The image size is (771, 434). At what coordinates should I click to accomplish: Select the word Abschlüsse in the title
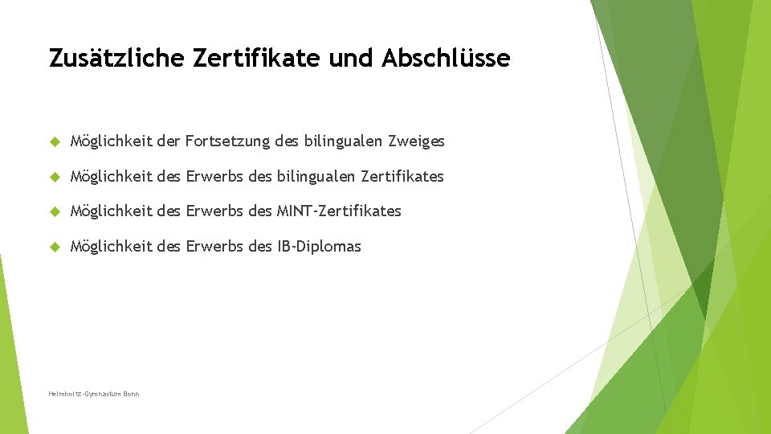[446, 59]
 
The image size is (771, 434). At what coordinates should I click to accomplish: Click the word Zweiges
[416, 141]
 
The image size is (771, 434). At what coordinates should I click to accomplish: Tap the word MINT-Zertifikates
[339, 211]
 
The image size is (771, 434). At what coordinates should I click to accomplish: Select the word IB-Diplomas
[319, 247]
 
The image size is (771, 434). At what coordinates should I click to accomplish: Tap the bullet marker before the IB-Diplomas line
[55, 247]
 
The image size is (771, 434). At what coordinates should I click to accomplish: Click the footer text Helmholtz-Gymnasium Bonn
[94, 394]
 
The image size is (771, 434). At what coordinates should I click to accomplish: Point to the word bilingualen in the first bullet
[342, 141]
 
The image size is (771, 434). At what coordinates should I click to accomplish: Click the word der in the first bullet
[169, 141]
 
